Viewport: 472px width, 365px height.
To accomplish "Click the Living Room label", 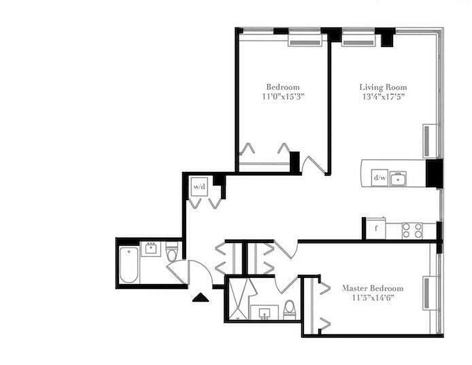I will click(383, 87).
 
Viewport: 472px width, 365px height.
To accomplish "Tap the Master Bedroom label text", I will click(372, 288).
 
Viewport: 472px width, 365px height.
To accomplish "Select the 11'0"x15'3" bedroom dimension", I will click(282, 96).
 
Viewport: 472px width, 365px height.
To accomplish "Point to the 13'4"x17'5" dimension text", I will click(383, 96).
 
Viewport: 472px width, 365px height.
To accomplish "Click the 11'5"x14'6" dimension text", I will click(372, 298).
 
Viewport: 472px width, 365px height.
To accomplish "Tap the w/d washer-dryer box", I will click(199, 186).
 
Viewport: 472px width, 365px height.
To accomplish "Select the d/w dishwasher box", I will click(379, 177).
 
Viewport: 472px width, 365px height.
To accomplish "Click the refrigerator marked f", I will click(376, 229).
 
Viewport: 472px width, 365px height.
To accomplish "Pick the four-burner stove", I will click(412, 231).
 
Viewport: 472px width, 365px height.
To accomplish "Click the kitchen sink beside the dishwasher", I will click(399, 178).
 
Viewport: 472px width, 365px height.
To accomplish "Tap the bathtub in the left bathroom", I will click(128, 265).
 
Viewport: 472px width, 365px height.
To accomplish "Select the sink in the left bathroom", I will click(150, 249).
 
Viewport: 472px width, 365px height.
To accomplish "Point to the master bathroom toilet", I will click(289, 309).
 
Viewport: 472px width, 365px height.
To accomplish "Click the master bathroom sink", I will click(266, 313).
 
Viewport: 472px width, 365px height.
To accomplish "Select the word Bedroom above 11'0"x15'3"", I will click(282, 87).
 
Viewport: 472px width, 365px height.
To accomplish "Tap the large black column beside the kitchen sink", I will click(434, 173).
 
